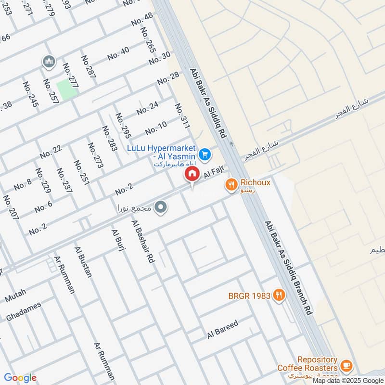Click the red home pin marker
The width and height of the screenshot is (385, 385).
pos(192,174)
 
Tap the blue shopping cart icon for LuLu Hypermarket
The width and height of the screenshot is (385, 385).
pos(205,154)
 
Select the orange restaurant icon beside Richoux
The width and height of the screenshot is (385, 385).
pos(231,183)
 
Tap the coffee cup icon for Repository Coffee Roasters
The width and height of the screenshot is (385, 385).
pos(346,365)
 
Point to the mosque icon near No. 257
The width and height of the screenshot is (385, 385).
pos(49,62)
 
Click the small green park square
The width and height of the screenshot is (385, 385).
pos(67,90)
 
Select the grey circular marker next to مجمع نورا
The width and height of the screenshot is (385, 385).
pos(162,208)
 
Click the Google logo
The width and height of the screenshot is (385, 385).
pos(20,378)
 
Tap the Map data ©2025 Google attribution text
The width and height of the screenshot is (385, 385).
pos(348,380)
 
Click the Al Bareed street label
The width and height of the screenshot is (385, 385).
pos(223,330)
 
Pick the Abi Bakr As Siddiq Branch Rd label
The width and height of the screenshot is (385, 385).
pos(288,269)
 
